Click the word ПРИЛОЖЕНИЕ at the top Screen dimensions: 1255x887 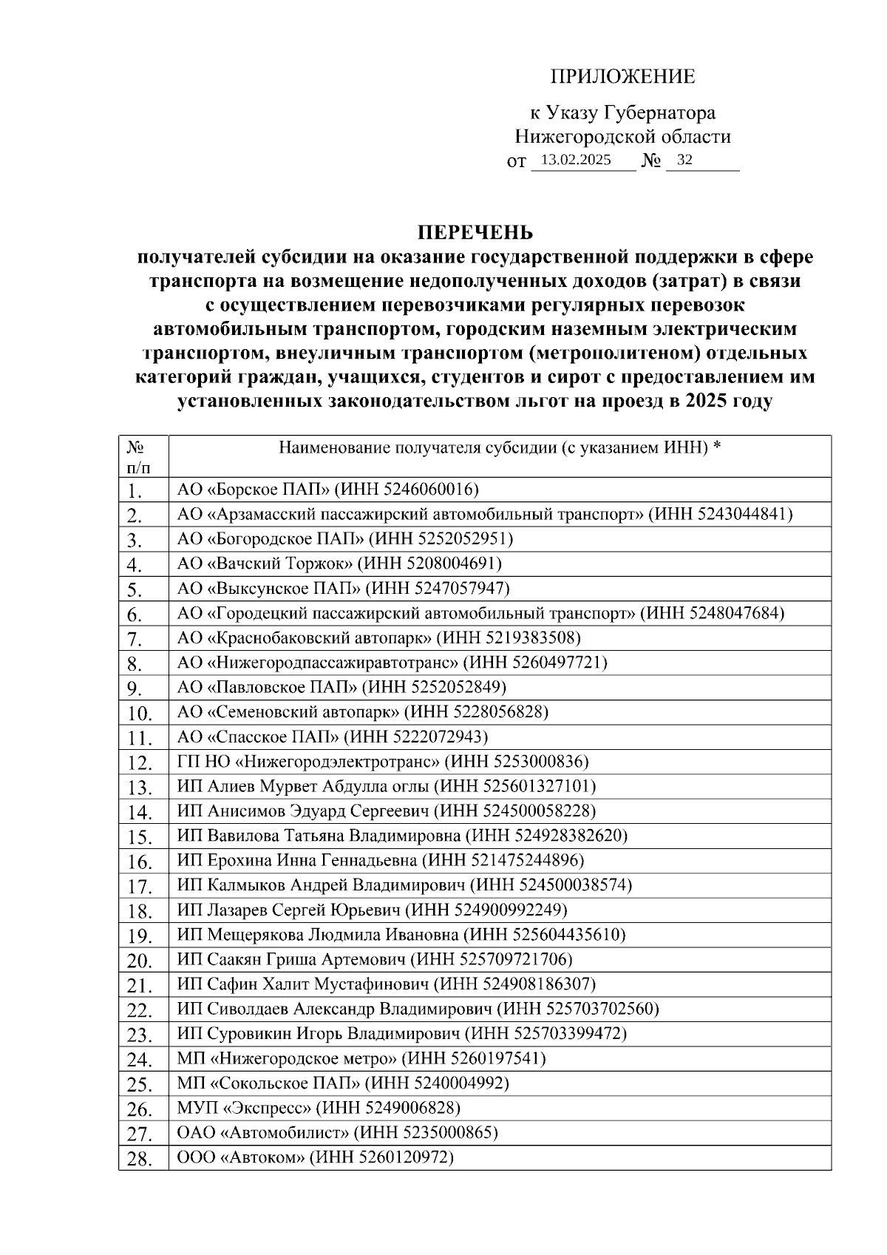pyautogui.click(x=622, y=77)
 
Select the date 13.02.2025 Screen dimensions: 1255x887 pyautogui.click(x=576, y=160)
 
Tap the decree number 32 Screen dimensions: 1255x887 pyautogui.click(x=684, y=160)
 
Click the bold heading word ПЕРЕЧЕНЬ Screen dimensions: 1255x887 pyautogui.click(x=475, y=233)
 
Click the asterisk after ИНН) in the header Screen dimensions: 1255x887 pyautogui.click(x=716, y=447)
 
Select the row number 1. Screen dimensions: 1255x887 pyautogui.click(x=134, y=491)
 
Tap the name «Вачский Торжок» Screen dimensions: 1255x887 pyautogui.click(x=281, y=564)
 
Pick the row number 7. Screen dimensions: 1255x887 pyautogui.click(x=134, y=639)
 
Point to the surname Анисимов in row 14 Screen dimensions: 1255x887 pyautogui.click(x=233, y=811)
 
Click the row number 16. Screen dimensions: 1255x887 pyautogui.click(x=139, y=862)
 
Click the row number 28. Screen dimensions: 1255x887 pyautogui.click(x=139, y=1159)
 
